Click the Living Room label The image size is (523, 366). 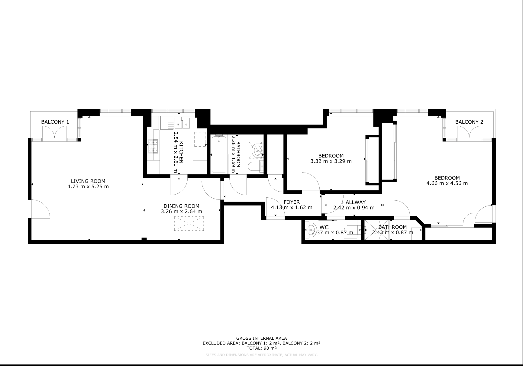(x=88, y=181)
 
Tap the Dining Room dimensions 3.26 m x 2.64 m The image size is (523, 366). (x=182, y=212)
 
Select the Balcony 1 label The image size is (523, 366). (x=55, y=122)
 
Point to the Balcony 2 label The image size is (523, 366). (x=469, y=122)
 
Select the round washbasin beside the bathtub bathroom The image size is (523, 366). (x=257, y=150)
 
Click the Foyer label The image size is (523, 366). (x=292, y=202)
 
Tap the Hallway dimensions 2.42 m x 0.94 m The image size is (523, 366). (x=354, y=208)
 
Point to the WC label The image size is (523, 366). (x=324, y=227)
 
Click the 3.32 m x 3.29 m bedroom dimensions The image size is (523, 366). (x=331, y=161)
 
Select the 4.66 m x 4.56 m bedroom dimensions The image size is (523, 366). (x=447, y=183)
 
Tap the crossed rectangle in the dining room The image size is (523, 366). (x=189, y=224)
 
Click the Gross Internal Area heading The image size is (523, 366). (x=261, y=338)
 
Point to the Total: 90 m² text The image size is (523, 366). (x=261, y=348)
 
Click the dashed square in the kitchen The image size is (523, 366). (x=200, y=139)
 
